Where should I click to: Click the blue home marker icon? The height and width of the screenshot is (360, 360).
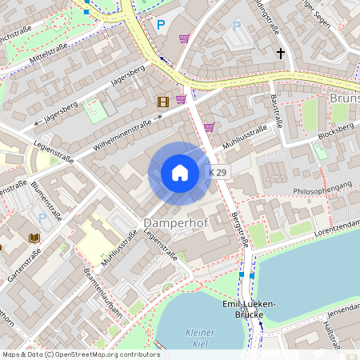click(x=180, y=173)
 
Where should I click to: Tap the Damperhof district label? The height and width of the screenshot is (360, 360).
click(x=175, y=222)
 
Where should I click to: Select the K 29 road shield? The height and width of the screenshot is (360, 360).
click(x=218, y=173)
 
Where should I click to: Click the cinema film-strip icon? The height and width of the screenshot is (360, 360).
click(x=164, y=101)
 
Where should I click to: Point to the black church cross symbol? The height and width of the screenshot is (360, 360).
click(x=281, y=54)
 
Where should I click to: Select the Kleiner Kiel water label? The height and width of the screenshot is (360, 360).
click(x=200, y=338)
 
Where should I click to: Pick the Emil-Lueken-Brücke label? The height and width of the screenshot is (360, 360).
click(x=249, y=310)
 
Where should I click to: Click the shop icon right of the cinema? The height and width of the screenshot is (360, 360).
click(x=182, y=99)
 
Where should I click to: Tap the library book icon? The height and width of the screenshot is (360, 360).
click(x=34, y=238)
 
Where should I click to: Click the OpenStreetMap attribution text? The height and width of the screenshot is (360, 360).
click(x=81, y=354)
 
